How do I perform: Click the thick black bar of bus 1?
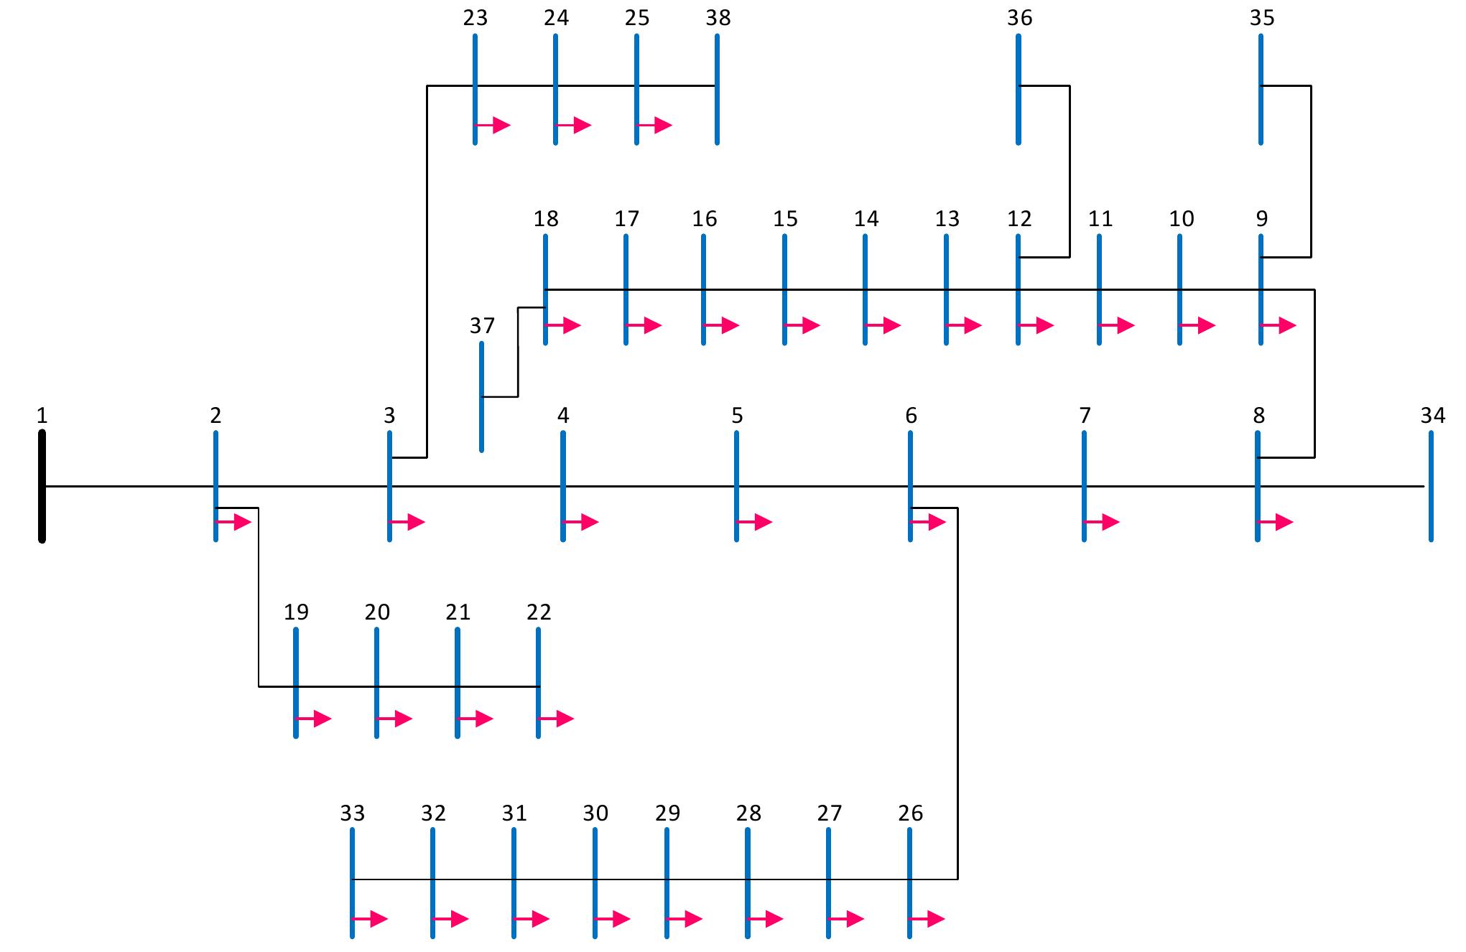(x=42, y=486)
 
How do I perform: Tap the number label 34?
(x=1432, y=415)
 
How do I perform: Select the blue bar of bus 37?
(x=481, y=396)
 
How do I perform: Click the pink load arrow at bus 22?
(x=557, y=719)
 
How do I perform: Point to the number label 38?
(x=718, y=18)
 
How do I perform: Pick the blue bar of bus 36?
(x=1019, y=89)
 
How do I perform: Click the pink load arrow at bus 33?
(x=371, y=918)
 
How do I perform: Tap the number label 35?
(x=1262, y=18)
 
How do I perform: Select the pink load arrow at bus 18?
(x=564, y=325)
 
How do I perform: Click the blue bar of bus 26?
(x=909, y=883)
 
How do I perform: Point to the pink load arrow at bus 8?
(x=1276, y=522)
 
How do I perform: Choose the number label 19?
(x=296, y=612)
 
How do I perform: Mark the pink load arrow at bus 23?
(x=493, y=126)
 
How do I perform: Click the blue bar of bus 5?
(x=736, y=486)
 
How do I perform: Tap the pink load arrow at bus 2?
(x=234, y=522)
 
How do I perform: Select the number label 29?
(x=667, y=813)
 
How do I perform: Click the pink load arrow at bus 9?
(x=1279, y=325)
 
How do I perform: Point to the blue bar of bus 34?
(x=1431, y=486)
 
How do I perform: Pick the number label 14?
(x=866, y=219)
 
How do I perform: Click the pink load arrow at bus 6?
(x=929, y=522)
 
